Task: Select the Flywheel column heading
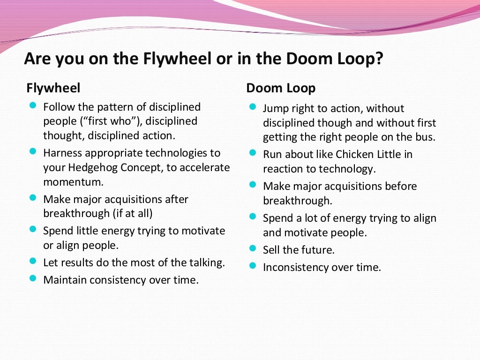pos(53,88)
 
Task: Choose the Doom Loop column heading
pos(281,88)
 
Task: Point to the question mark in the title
pos(379,60)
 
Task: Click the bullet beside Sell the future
pos(253,248)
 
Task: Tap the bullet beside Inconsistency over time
pos(253,266)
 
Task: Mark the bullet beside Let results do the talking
pos(33,261)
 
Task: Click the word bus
pos(426,137)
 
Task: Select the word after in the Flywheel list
pos(176,199)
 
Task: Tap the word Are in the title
pos(37,60)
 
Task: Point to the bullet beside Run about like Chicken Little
pos(253,153)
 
